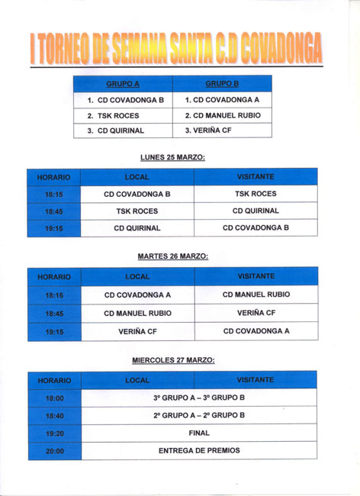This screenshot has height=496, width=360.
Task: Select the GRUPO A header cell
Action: coord(123,84)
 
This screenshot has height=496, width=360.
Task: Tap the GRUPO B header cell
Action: coord(222,84)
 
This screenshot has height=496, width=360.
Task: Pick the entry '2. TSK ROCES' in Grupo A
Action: coord(123,115)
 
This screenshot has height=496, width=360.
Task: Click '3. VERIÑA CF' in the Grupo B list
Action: coord(222,130)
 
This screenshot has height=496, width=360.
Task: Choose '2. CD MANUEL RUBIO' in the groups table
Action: coord(222,115)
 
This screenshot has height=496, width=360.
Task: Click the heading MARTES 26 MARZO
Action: coord(172,256)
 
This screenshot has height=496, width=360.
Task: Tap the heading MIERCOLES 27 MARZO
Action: coord(172,359)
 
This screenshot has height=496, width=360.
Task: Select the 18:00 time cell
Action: coord(54,398)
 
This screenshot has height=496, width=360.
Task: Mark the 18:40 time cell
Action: coord(54,416)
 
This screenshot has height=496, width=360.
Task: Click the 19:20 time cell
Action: coord(54,433)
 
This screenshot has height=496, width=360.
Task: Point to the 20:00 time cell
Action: coord(54,451)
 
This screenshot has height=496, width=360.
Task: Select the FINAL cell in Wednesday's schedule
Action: coord(199,433)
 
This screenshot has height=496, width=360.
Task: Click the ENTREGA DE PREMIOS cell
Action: coord(199,450)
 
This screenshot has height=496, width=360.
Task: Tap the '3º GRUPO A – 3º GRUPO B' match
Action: coord(199,398)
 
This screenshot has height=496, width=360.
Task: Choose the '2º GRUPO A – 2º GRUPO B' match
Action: coord(199,415)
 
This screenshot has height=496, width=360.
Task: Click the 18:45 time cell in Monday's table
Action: coord(53,211)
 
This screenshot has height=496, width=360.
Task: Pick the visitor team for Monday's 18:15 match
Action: coord(256,194)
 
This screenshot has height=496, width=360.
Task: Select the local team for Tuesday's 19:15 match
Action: coord(137,331)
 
